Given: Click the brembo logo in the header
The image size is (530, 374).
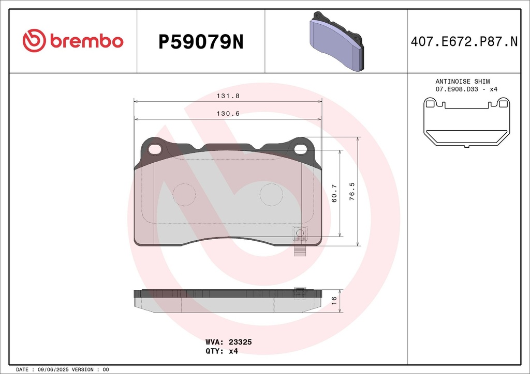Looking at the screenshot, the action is point(72,41).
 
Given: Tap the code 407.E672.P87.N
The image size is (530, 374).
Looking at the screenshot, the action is point(464,41).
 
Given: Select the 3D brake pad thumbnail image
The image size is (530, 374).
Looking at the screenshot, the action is point(336,41).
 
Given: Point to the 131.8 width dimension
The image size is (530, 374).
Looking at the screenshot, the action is point(228,96).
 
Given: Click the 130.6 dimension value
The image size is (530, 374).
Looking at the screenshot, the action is point(228,114).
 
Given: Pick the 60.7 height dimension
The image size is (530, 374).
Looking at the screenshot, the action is point(334,193).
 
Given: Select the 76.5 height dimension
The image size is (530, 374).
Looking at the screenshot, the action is point(352,192).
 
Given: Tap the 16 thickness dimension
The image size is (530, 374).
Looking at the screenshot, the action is point(334,301).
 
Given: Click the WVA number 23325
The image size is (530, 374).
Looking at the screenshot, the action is point(240,342).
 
